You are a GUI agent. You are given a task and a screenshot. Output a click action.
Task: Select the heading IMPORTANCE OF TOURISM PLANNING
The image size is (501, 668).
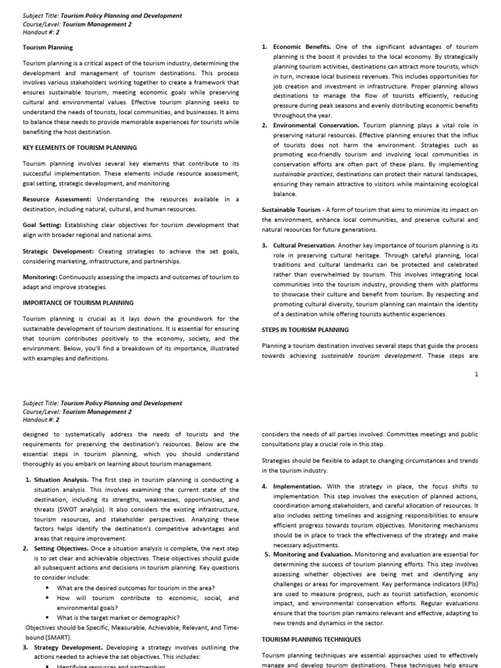tap(78, 303)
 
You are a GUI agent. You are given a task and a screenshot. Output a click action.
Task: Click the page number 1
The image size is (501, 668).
tap(476, 374)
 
